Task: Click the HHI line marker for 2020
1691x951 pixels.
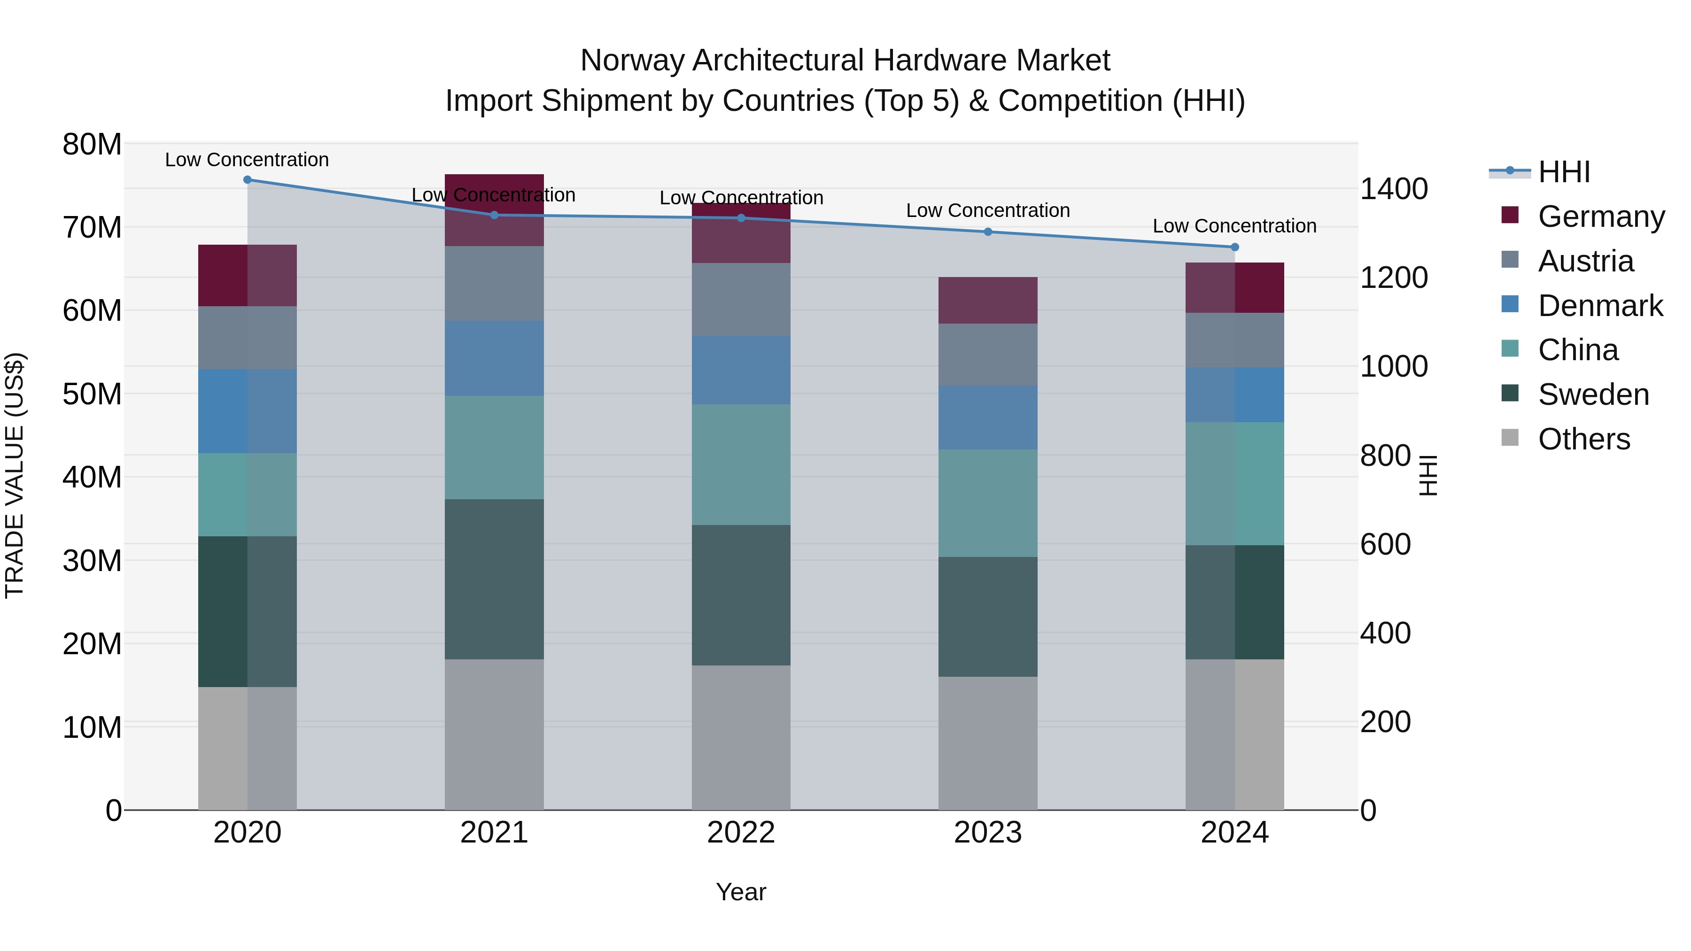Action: [248, 180]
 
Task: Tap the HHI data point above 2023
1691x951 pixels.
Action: [988, 232]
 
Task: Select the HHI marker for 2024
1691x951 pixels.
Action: [1235, 247]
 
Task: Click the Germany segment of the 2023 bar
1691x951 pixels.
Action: [988, 301]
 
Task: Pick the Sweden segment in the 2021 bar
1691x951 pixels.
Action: [494, 579]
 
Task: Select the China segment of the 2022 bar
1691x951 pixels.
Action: [741, 464]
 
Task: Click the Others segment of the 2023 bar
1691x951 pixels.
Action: [988, 743]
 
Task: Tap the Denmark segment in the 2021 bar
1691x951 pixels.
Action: [494, 358]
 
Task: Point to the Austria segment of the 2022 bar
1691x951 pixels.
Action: [741, 300]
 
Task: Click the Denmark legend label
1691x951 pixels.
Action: [1600, 306]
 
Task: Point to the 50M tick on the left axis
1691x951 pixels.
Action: [92, 394]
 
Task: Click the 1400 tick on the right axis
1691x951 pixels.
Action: [1394, 189]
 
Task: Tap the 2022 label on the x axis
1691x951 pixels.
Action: [741, 833]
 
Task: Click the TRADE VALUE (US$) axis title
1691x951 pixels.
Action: [15, 475]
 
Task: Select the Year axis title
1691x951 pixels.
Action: [741, 892]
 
